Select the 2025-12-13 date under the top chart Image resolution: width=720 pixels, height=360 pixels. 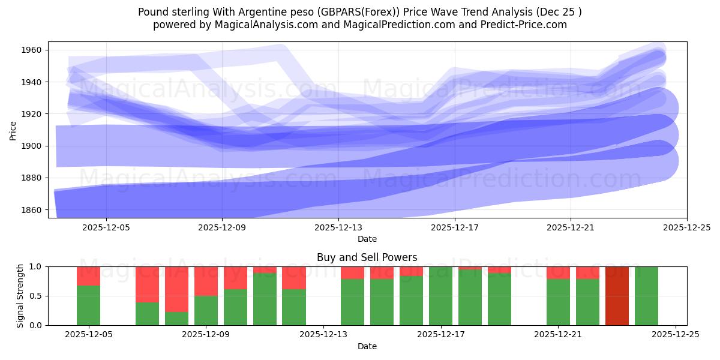pyautogui.click(x=338, y=227)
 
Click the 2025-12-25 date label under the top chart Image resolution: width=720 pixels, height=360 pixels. pyautogui.click(x=686, y=227)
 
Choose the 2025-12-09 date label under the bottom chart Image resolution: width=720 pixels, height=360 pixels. pyautogui.click(x=206, y=335)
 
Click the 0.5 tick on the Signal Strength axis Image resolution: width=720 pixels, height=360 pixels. pyautogui.click(x=35, y=296)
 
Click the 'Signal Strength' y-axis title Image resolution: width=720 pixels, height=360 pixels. pyautogui.click(x=20, y=296)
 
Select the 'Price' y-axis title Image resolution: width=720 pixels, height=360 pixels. pyautogui.click(x=13, y=130)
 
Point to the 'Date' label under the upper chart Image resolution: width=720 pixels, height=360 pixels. pyautogui.click(x=367, y=239)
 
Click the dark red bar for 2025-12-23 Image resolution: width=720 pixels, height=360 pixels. pyautogui.click(x=617, y=296)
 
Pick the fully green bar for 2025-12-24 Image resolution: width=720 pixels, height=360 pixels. pyautogui.click(x=646, y=296)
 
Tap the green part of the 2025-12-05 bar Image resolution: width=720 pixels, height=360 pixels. pyautogui.click(x=88, y=305)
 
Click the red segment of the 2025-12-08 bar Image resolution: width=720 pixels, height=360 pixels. pyautogui.click(x=176, y=289)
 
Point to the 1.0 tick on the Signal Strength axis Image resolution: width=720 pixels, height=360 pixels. pyautogui.click(x=35, y=266)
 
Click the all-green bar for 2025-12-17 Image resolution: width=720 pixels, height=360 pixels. pyautogui.click(x=440, y=296)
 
